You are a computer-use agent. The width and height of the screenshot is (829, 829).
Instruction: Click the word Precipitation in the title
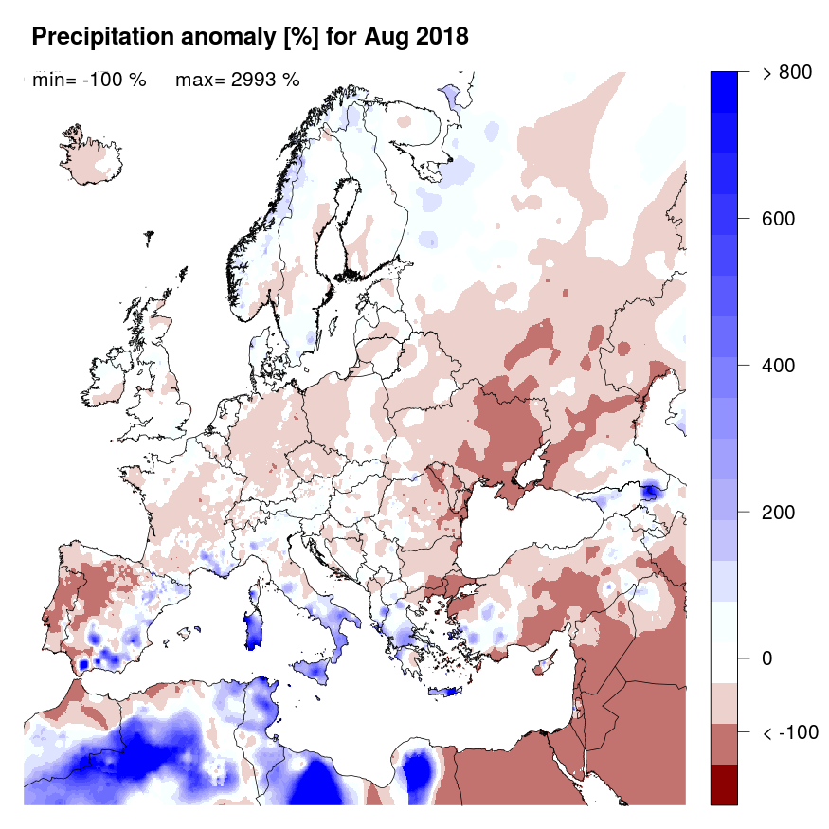(x=104, y=37)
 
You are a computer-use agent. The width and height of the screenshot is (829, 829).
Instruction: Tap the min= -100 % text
(x=89, y=81)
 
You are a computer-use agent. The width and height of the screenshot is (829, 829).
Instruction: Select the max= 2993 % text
(x=238, y=81)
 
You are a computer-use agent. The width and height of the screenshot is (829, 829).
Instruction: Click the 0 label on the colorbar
(x=767, y=659)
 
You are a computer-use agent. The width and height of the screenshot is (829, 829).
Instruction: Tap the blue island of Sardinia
(x=253, y=627)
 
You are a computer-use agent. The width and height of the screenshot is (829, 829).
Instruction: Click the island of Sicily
(x=316, y=670)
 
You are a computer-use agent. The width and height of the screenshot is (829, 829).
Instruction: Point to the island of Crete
(x=443, y=692)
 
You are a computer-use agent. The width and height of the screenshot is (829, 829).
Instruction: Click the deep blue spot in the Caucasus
(x=650, y=492)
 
